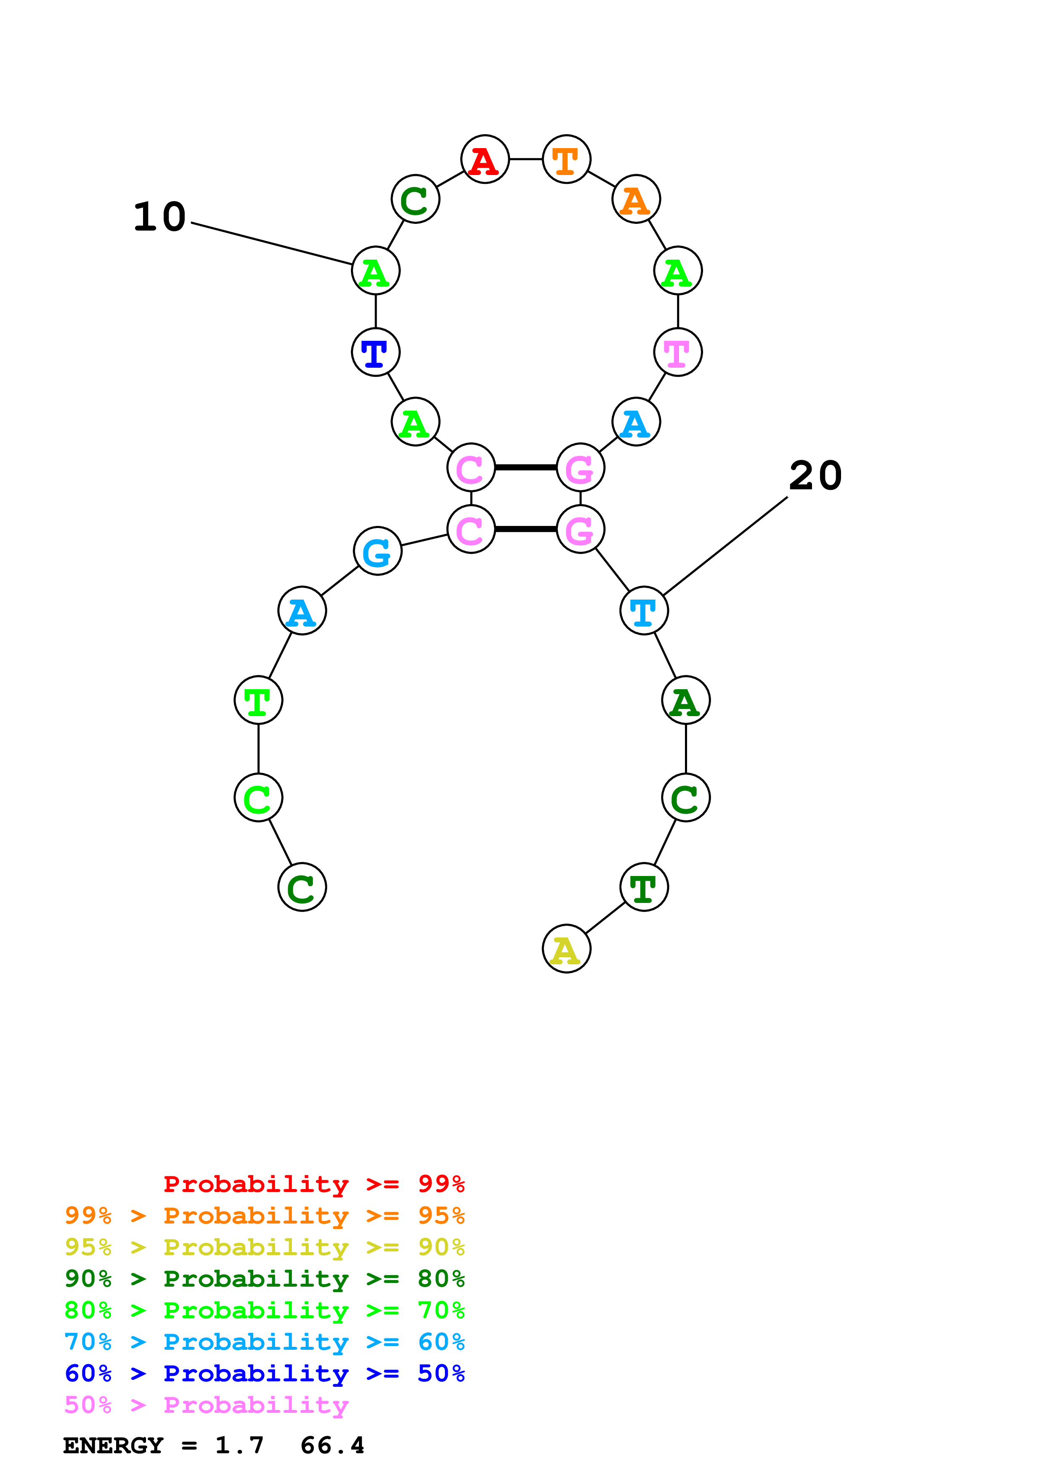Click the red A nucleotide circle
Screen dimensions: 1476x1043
tap(485, 159)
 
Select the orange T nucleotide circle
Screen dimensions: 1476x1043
tap(566, 159)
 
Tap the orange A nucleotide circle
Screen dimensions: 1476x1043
tap(636, 199)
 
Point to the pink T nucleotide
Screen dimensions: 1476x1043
tap(677, 352)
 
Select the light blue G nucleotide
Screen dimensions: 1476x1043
tap(378, 551)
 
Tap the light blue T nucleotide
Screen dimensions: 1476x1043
tap(644, 611)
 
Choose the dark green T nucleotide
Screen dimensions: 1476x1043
tap(644, 887)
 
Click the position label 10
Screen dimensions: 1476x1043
tap(159, 217)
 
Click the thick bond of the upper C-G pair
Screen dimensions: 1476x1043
tap(525, 467)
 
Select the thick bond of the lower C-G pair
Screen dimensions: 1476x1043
tap(525, 529)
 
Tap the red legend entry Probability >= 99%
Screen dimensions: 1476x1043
tap(313, 1184)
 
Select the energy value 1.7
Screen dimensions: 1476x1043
tap(239, 1446)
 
